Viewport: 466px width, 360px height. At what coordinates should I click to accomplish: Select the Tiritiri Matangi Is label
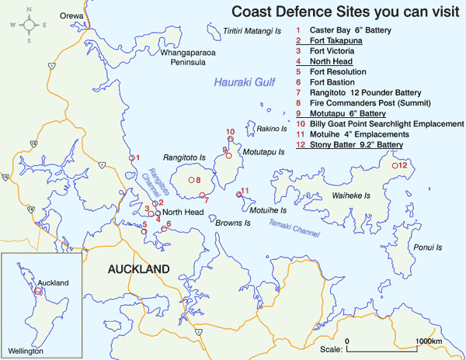[250, 32]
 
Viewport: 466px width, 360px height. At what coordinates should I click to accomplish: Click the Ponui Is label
[427, 247]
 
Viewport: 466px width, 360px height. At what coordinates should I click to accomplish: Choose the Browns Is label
[233, 223]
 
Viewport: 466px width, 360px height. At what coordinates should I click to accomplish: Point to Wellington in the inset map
[27, 351]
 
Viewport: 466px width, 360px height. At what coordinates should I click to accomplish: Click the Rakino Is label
[273, 129]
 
